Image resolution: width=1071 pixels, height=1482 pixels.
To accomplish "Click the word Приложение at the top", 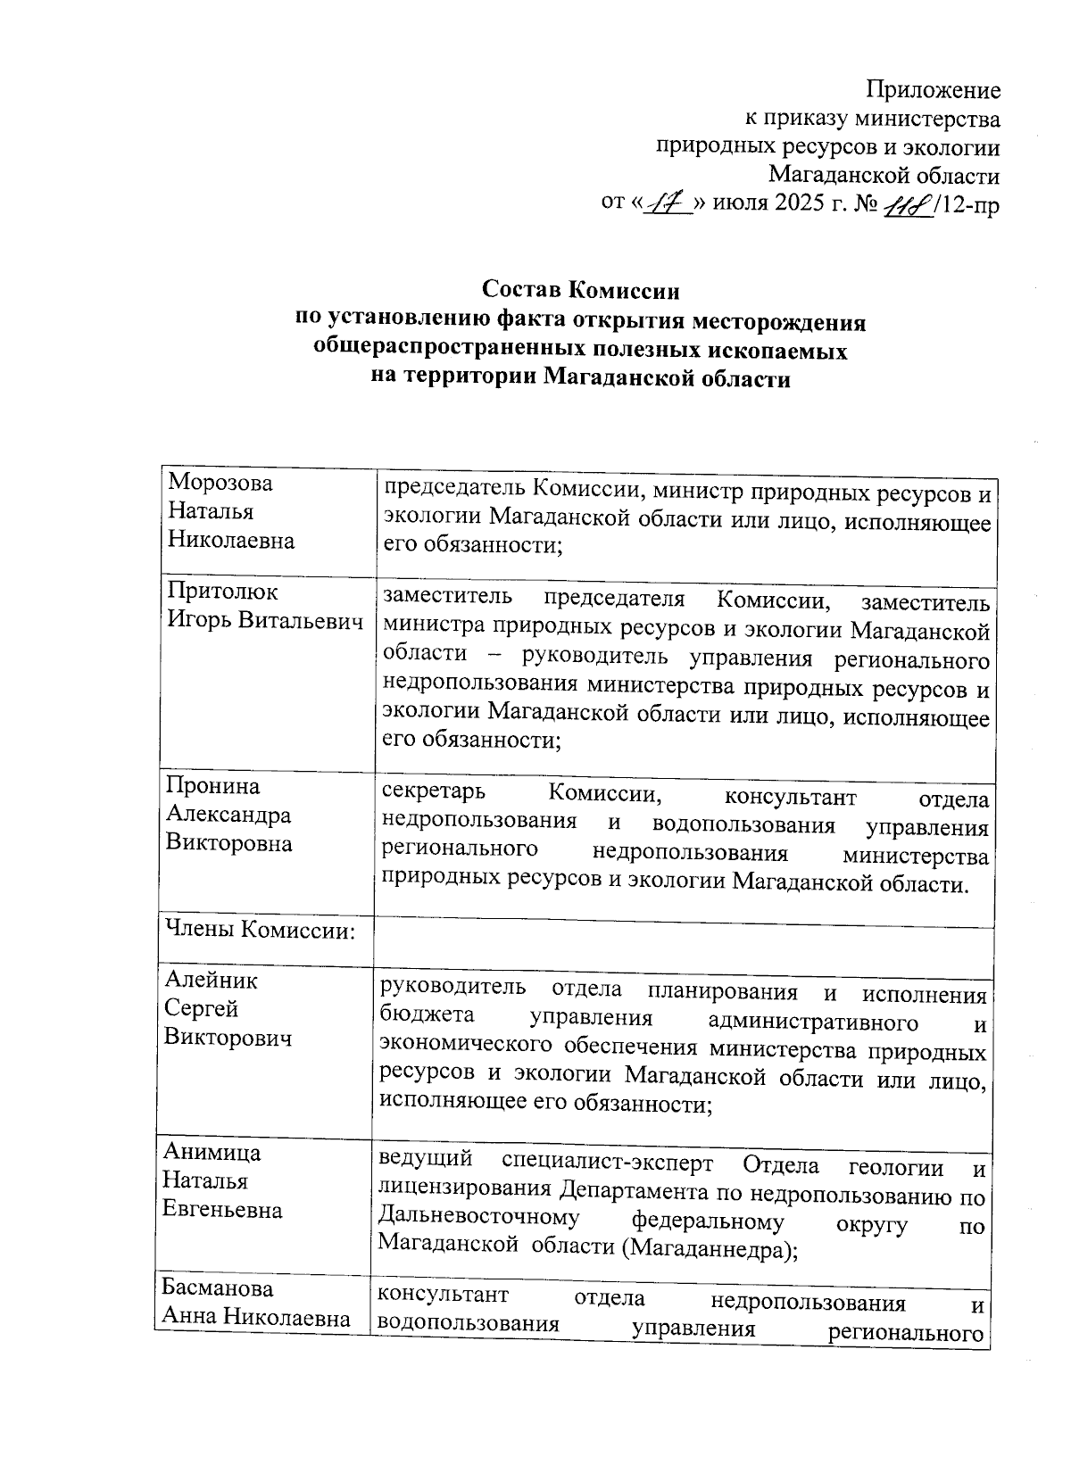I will [934, 90].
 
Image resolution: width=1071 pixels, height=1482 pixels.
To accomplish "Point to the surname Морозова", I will [220, 483].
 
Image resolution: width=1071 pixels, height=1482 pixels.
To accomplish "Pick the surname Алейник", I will [212, 980].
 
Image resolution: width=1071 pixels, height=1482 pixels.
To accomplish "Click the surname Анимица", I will [212, 1152].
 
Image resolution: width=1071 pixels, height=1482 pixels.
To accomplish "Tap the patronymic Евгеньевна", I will [222, 1210].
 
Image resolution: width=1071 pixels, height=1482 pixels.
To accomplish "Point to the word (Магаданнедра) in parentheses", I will [710, 1249].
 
